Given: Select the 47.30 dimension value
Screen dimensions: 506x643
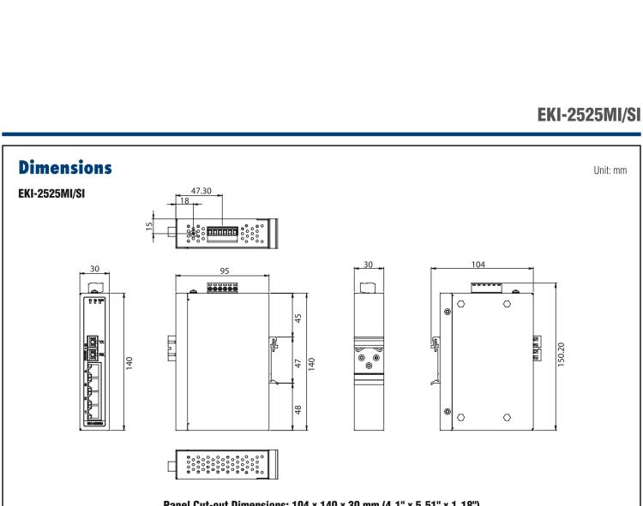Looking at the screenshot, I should point(201,193).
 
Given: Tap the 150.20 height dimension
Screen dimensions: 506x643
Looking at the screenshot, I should point(561,354).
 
